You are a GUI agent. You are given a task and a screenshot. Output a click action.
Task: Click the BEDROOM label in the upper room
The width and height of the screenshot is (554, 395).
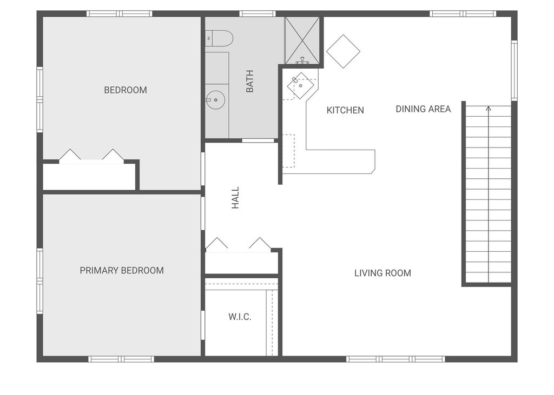(125, 90)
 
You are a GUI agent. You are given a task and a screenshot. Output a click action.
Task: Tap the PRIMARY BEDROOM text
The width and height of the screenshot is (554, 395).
(122, 270)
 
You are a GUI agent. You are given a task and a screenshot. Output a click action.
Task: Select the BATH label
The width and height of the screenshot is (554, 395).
(250, 81)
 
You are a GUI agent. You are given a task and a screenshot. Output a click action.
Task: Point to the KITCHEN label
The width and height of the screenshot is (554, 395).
(345, 110)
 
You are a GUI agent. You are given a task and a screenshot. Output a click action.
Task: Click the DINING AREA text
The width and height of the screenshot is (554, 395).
(423, 109)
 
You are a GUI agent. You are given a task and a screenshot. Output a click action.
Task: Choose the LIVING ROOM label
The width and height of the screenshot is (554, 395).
(382, 273)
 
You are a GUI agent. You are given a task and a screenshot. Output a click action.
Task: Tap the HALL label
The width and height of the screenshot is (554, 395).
(235, 198)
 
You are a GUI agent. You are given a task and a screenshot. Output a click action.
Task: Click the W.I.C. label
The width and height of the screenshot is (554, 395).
(240, 317)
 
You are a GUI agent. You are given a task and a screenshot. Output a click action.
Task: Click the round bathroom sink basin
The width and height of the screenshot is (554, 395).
(215, 99)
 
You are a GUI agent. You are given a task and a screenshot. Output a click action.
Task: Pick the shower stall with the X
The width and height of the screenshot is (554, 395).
(302, 41)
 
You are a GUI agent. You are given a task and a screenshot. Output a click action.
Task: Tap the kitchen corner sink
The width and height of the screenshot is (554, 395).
(300, 85)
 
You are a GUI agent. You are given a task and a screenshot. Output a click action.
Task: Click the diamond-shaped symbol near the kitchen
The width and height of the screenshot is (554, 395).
(343, 51)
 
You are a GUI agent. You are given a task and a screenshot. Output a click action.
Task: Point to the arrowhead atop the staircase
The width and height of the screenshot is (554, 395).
(489, 108)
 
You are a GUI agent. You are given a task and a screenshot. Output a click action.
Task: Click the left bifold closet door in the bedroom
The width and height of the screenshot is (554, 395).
(70, 156)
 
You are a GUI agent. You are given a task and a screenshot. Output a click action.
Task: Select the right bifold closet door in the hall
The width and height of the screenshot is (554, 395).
(260, 244)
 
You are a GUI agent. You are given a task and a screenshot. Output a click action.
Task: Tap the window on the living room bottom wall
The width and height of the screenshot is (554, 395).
(395, 359)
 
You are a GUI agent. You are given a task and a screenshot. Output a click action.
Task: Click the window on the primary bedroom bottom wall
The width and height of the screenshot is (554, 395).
(121, 359)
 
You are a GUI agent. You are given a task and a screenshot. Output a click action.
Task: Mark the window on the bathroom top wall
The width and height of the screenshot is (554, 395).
(258, 14)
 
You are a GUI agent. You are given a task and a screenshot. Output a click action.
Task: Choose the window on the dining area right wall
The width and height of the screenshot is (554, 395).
(514, 70)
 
